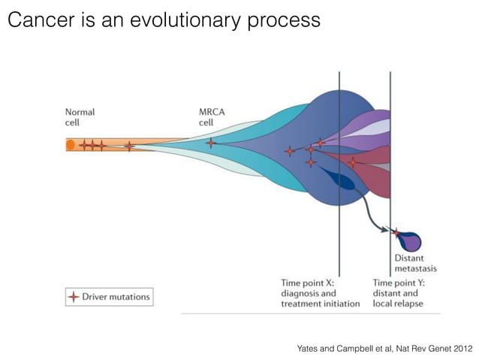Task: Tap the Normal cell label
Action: (80, 117)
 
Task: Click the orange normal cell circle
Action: (70, 144)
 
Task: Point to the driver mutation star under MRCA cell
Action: (210, 143)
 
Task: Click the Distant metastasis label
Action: (415, 264)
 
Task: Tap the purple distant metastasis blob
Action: (411, 242)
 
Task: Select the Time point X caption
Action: (313, 293)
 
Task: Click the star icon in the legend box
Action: (73, 297)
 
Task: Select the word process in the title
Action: (285, 20)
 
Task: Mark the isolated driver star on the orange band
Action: (129, 146)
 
